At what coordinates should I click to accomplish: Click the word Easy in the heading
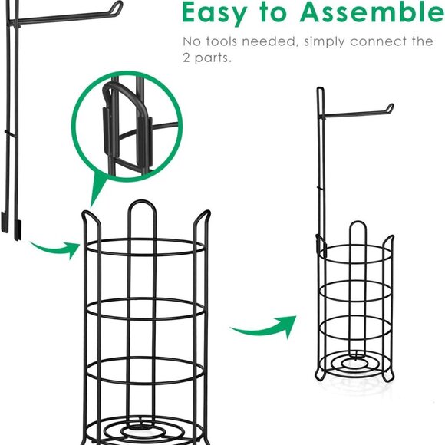[214, 13]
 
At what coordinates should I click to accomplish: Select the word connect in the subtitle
[378, 41]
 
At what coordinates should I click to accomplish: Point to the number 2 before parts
[186, 58]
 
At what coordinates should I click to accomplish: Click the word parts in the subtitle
[213, 58]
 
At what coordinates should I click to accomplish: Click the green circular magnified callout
[127, 125]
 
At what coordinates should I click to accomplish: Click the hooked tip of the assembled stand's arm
[390, 107]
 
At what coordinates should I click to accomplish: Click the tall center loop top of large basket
[142, 202]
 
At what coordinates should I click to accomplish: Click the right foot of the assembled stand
[388, 377]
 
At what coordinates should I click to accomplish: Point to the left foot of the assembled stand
[320, 375]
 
